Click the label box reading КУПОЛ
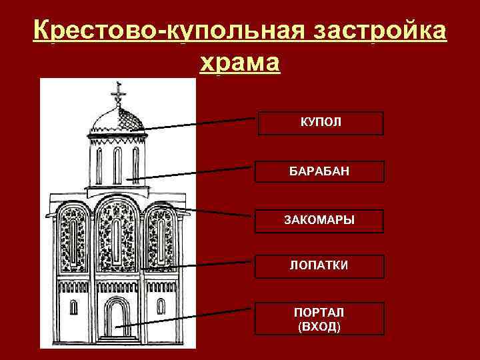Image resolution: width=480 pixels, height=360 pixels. pyautogui.click(x=321, y=123)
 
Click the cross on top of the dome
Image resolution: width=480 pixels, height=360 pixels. pyautogui.click(x=119, y=93)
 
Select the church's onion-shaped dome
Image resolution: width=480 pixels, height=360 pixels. pyautogui.click(x=117, y=121)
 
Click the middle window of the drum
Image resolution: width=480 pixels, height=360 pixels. pyautogui.click(x=117, y=165)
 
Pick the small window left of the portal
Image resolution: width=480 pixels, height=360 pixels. pyautogui.click(x=73, y=307)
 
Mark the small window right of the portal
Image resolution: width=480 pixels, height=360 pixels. pyautogui.click(x=161, y=307)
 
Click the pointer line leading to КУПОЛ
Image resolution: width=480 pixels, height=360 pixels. pyautogui.click(x=200, y=123)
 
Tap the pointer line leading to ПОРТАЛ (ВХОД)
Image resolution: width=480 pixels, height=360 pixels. pyautogui.click(x=187, y=316)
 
